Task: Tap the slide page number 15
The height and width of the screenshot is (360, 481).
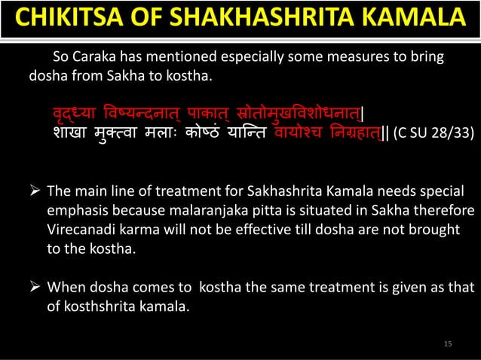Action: pos(448,343)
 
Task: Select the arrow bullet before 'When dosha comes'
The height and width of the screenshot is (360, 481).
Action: pos(34,287)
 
